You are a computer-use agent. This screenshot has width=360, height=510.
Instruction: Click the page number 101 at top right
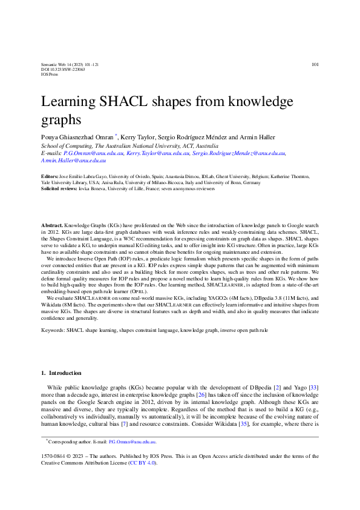click(315, 64)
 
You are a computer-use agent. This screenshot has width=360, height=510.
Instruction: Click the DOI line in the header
click(63, 70)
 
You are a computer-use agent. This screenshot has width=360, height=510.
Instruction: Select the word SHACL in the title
click(116, 101)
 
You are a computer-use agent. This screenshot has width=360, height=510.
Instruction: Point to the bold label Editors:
click(50, 176)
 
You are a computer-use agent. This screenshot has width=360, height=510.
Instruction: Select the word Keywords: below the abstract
click(53, 330)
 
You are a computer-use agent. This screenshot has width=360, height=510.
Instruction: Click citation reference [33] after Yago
click(314, 386)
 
